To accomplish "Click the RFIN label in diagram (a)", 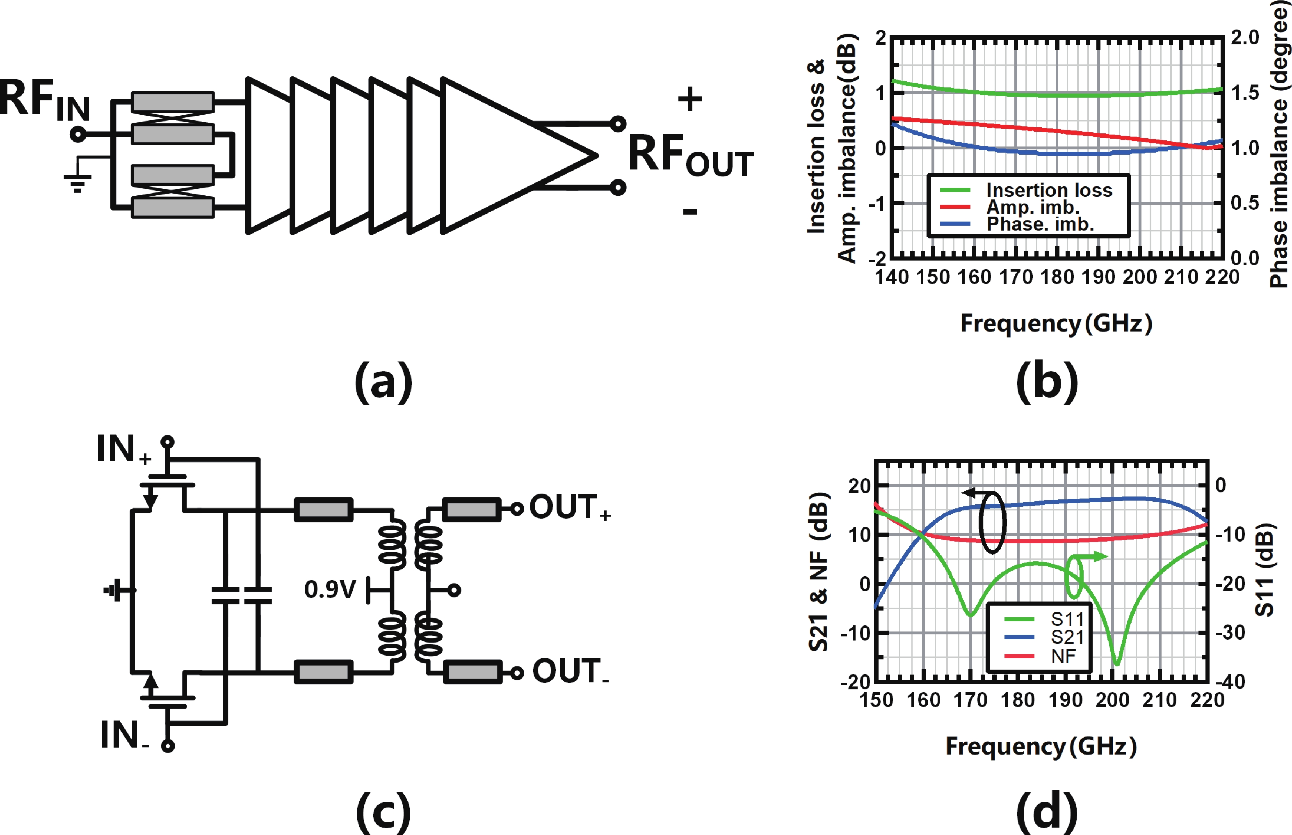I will [44, 100].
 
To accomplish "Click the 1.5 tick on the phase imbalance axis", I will [1245, 93].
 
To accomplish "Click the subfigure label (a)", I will [383, 382].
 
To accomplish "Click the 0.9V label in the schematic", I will [329, 589].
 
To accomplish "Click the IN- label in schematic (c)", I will [124, 735].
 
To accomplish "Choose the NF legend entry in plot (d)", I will [1063, 657].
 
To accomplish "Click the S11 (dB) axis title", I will [1265, 570].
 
